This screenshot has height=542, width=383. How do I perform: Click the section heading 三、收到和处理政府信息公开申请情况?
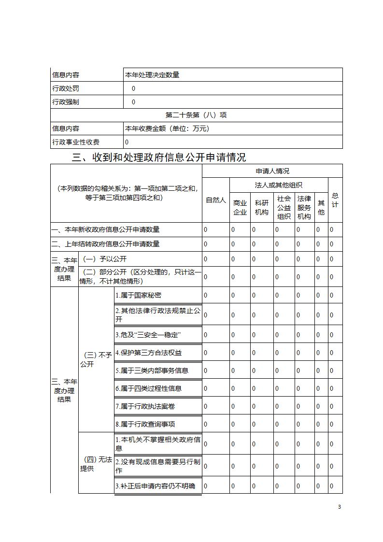[x=159, y=157]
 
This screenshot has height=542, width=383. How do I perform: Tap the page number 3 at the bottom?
[x=340, y=507]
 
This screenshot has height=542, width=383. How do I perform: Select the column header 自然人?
[x=216, y=200]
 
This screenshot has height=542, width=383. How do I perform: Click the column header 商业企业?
[x=240, y=208]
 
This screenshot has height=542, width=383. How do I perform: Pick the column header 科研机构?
[x=261, y=208]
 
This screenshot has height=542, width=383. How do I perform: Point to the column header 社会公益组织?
[x=284, y=207]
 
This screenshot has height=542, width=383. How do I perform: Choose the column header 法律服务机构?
[x=304, y=207]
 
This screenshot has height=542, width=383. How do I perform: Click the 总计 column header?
[x=335, y=200]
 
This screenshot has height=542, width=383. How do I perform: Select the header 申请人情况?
[x=272, y=171]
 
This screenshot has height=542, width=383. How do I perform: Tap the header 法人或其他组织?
[x=279, y=185]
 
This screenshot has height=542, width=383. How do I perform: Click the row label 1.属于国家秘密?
[x=142, y=295]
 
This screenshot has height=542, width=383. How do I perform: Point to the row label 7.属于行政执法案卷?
[x=145, y=406]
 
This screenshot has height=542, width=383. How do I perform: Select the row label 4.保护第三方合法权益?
[x=148, y=353]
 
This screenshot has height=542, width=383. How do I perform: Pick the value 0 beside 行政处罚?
[x=133, y=88]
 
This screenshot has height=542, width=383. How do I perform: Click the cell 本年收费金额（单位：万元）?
[x=167, y=128]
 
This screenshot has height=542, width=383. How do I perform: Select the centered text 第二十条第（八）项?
[x=196, y=115]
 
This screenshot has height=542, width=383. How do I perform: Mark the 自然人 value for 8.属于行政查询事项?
[x=205, y=424]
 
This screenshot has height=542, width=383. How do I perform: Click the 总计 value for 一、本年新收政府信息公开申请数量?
[x=331, y=230]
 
